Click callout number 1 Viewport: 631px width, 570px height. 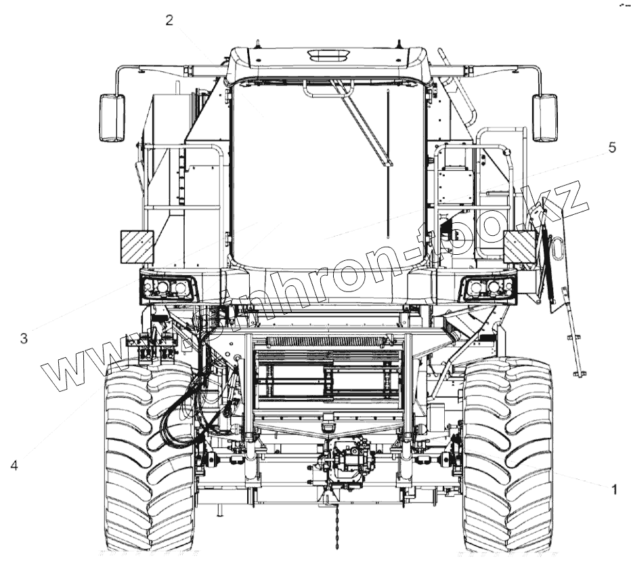[x=613, y=488]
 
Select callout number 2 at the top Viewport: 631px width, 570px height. [x=169, y=20]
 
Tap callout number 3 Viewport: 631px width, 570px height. [x=24, y=338]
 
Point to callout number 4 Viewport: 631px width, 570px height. [x=14, y=466]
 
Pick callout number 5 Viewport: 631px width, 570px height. [x=612, y=148]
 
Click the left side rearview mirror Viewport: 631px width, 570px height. [x=112, y=118]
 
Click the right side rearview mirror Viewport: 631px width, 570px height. [x=544, y=118]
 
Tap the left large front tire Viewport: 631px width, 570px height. [x=149, y=454]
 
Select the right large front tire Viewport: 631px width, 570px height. [x=508, y=454]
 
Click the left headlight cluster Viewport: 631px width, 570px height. [x=169, y=289]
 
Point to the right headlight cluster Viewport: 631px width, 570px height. [x=488, y=289]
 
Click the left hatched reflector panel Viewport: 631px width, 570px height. [x=137, y=247]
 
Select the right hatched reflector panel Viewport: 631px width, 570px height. [x=520, y=247]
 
